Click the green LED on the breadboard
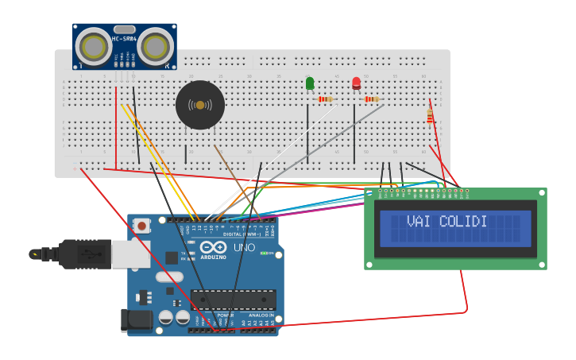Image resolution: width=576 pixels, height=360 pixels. tap(310, 83)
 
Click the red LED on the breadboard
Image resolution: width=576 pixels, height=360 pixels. tap(356, 83)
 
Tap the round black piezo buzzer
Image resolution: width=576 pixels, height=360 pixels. tap(200, 105)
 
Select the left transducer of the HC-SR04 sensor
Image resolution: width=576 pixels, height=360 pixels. tap(95, 48)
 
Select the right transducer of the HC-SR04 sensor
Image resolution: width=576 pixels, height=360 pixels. tap(155, 48)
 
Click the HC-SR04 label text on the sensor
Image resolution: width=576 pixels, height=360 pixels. tap(125, 40)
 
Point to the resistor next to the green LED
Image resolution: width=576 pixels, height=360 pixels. tap(324, 99)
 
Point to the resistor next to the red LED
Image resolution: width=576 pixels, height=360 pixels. tap(371, 99)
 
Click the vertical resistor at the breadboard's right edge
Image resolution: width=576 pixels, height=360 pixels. tap(430, 117)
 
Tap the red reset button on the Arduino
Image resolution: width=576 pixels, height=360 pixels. tap(141, 226)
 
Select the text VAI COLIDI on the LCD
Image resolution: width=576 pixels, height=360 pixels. tap(446, 222)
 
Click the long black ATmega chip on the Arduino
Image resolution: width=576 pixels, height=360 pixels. tap(233, 300)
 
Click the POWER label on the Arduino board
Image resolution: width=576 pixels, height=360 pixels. tap(226, 315)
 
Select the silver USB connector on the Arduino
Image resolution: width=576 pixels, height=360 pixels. tap(130, 254)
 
